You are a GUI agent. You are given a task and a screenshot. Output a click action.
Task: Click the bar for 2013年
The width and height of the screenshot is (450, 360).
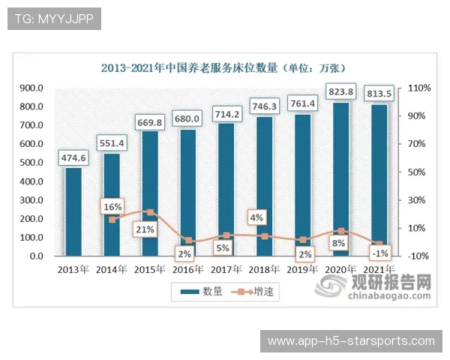point(73,211)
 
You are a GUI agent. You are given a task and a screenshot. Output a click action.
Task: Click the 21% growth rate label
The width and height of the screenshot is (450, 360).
point(145,229)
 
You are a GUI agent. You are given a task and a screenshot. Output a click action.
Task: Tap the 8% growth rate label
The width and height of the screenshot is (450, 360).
point(339,244)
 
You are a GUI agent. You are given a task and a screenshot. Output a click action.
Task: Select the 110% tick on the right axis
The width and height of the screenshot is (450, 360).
point(418,88)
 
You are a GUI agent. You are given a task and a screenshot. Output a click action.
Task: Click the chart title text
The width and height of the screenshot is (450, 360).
point(227,67)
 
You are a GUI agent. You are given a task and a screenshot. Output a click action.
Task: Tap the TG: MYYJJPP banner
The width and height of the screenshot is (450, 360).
point(53,19)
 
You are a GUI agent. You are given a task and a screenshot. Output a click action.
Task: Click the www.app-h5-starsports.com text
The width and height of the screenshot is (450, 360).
point(351,341)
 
